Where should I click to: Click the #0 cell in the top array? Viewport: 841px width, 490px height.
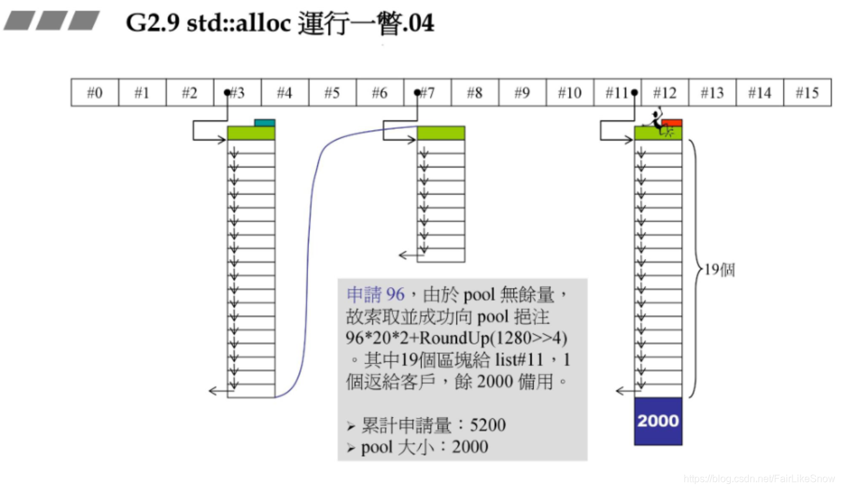(95, 93)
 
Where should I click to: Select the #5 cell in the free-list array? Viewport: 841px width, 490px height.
(332, 93)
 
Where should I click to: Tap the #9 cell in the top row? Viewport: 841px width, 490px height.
(522, 93)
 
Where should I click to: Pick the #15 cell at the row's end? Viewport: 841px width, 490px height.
(807, 93)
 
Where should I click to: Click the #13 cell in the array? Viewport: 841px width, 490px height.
(712, 93)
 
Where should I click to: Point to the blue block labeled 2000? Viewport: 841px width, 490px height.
(658, 421)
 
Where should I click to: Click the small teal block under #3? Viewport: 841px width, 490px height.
(265, 123)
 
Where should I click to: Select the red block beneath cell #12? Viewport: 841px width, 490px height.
(673, 123)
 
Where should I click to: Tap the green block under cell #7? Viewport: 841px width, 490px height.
(441, 133)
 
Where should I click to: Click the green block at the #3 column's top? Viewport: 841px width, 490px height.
(251, 133)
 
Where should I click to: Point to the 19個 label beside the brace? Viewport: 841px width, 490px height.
(720, 271)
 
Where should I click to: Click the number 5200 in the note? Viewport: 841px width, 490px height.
(488, 425)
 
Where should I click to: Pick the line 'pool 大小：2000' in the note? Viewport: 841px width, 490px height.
(425, 446)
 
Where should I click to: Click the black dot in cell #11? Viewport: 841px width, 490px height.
(634, 93)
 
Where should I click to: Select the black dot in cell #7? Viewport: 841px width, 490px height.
(417, 93)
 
